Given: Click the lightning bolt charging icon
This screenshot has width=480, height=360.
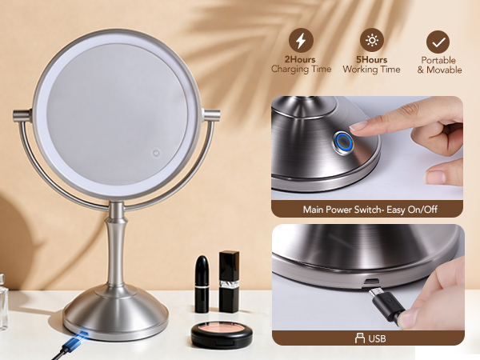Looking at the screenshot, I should tap(301, 41).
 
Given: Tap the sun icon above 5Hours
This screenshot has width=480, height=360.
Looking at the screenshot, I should tap(371, 41).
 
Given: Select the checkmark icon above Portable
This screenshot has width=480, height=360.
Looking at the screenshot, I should tap(438, 42).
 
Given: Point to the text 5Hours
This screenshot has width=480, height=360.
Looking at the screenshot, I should tap(371, 59).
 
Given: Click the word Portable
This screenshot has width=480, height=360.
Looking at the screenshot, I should tap(439, 59).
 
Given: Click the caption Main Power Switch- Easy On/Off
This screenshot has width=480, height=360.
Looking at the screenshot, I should tap(369, 210).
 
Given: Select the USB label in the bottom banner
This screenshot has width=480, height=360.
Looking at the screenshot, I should tap(376, 338).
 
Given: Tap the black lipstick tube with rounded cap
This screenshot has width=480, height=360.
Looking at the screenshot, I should tap(202, 284).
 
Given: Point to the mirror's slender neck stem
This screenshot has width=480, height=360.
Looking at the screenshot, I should tap(117, 244).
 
